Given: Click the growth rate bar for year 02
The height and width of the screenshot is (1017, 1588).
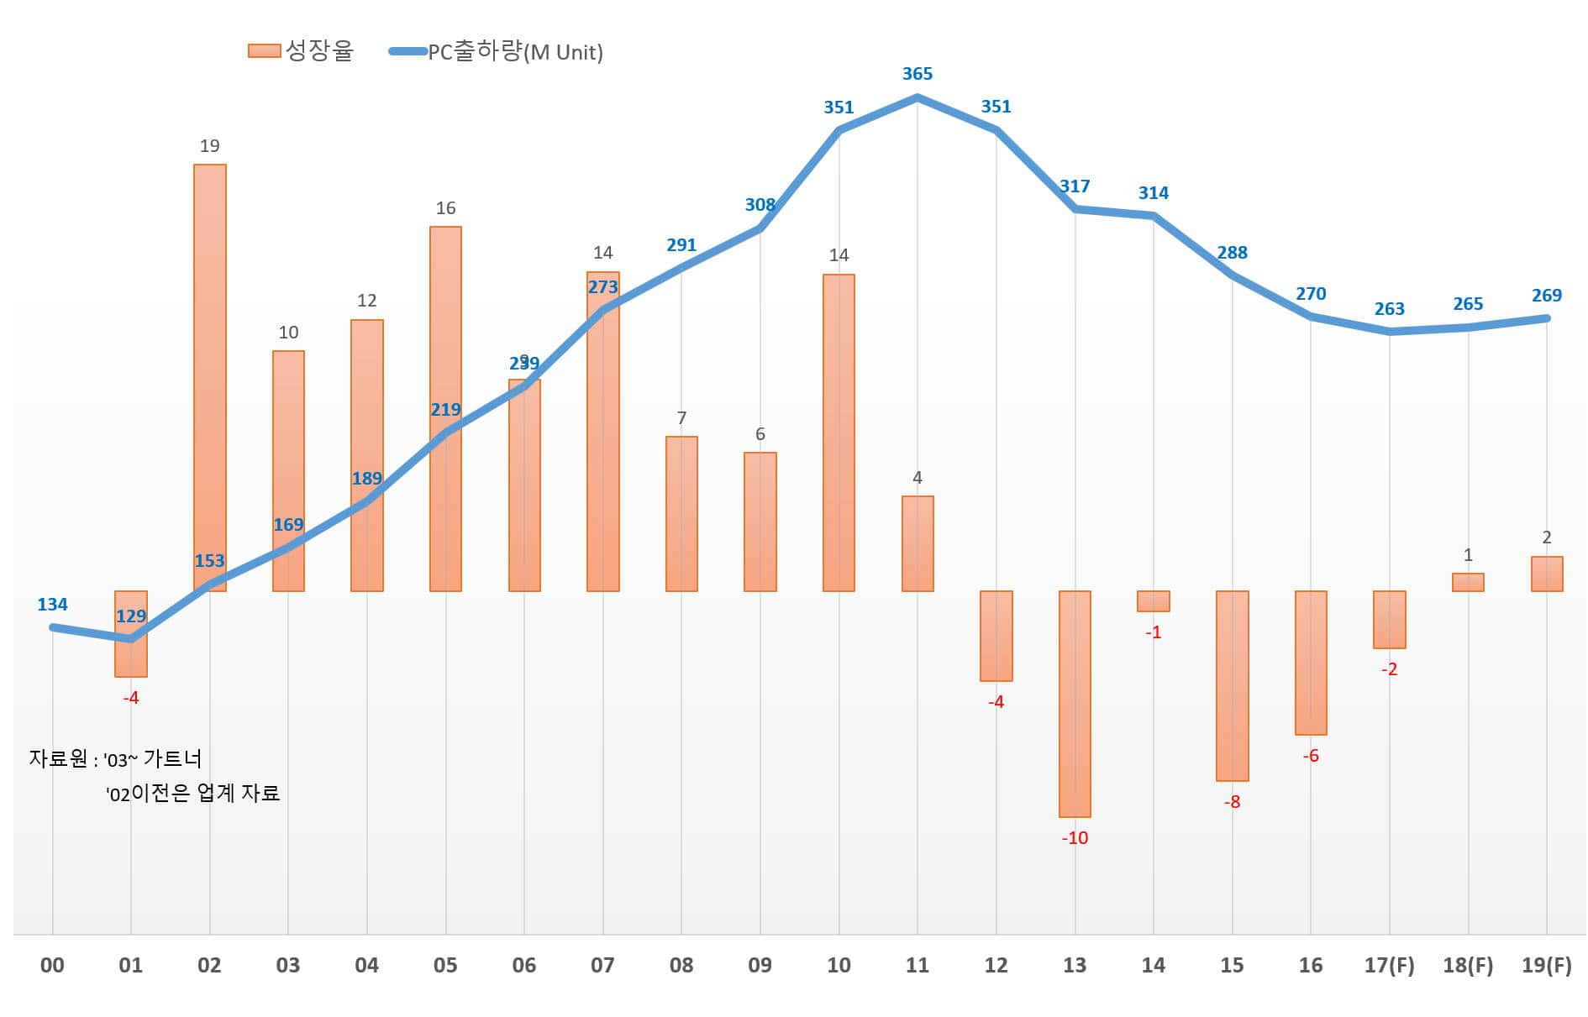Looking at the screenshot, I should (209, 378).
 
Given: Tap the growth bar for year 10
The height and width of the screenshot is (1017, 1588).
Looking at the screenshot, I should (839, 432).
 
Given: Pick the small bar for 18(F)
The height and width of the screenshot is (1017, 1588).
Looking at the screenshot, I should (1468, 582).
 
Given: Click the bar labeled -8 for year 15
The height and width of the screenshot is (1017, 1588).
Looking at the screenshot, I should (1232, 685).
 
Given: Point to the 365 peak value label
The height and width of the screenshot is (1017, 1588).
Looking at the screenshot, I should (918, 74).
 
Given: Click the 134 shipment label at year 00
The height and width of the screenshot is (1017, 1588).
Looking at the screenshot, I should (52, 605).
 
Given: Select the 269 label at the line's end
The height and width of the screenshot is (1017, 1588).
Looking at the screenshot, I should (1546, 296).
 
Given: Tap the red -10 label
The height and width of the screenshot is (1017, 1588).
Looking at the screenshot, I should (1075, 838).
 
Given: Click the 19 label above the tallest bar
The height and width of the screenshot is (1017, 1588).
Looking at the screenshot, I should (209, 146).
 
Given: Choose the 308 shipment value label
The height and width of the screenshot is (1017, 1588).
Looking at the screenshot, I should (760, 205).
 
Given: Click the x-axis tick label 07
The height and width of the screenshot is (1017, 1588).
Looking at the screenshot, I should (602, 966).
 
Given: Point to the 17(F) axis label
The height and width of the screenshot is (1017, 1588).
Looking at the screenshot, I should (1389, 966).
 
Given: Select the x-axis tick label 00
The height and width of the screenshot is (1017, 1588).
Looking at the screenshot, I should (52, 966).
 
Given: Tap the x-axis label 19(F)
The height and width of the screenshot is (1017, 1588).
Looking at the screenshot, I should (1546, 966).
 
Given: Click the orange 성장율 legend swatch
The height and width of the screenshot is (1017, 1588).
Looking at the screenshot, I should (264, 51).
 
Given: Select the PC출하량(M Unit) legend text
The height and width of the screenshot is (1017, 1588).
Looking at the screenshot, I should (515, 52).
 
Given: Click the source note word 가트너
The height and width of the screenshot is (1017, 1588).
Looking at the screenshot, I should (172, 759).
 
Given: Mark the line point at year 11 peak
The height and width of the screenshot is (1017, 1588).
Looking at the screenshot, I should (918, 98).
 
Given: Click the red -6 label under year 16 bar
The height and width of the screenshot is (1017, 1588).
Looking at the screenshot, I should (1311, 756).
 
